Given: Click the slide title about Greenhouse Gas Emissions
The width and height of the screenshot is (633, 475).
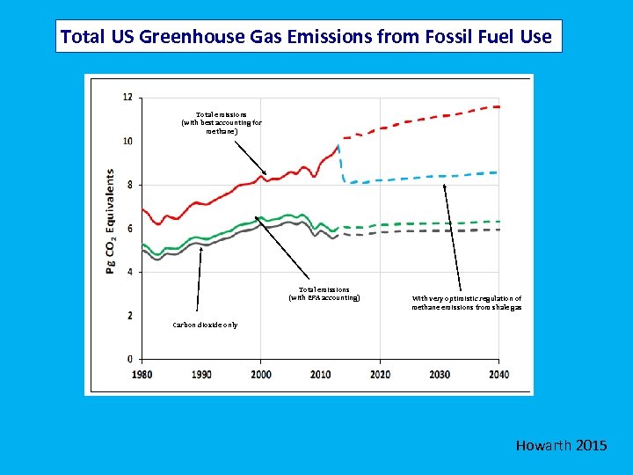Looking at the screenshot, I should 307,37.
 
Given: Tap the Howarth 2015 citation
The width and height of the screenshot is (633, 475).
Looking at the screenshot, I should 561,446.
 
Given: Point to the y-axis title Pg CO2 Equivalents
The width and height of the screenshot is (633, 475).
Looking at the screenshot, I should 111,222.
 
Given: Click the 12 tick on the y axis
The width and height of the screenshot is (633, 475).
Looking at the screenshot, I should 128,98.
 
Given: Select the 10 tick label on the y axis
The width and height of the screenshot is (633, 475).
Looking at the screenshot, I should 128,141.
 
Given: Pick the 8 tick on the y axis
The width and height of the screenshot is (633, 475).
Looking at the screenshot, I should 129,185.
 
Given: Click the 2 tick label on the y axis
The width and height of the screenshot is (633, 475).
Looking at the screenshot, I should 129,315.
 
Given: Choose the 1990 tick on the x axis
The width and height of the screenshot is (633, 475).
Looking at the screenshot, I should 201,374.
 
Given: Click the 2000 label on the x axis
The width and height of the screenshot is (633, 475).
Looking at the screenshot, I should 260,374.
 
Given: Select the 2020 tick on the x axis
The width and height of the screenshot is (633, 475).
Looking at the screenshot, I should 380,374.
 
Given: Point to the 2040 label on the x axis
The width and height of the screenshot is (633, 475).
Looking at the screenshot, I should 498,374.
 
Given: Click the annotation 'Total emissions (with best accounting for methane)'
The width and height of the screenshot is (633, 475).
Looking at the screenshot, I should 222,123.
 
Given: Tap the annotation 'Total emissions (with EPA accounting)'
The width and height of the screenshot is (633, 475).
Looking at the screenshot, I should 324,294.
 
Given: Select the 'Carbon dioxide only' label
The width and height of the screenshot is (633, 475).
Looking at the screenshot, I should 205,325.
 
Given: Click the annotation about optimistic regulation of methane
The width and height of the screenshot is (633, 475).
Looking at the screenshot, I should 467,303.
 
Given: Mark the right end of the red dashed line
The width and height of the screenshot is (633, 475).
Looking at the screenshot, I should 498,106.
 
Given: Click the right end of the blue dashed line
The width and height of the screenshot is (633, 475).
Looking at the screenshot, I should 497,172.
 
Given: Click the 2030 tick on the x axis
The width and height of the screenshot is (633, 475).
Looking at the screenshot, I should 439,374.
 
